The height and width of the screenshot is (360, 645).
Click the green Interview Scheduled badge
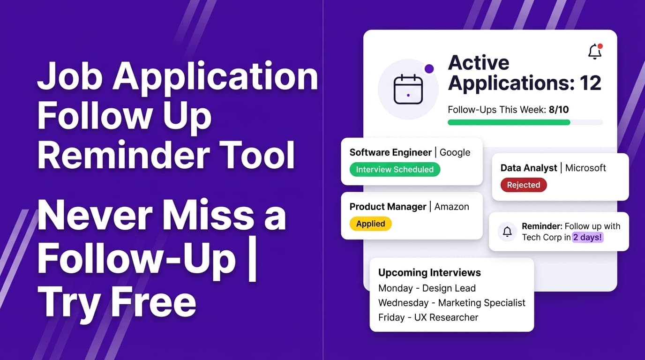tap(395, 170)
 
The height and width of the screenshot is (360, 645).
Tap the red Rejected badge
tap(523, 185)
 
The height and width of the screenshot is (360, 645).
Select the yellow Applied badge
tap(370, 224)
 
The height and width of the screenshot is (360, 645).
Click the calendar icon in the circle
tap(408, 89)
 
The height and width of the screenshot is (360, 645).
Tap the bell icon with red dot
tap(595, 52)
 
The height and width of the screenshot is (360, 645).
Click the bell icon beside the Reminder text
tap(507, 232)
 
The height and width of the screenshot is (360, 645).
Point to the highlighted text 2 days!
tap(588, 237)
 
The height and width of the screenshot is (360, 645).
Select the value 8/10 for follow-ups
tap(559, 110)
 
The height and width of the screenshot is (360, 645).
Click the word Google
tap(455, 152)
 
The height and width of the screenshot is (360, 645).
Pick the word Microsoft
tap(585, 168)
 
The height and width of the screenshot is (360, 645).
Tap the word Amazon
tap(451, 207)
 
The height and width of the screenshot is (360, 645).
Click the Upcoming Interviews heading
tap(429, 272)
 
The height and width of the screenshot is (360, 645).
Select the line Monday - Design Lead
tap(427, 288)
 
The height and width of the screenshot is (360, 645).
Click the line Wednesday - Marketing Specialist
tap(452, 303)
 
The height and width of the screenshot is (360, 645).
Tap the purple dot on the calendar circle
tap(429, 69)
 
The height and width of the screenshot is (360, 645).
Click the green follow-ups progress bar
tap(509, 122)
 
